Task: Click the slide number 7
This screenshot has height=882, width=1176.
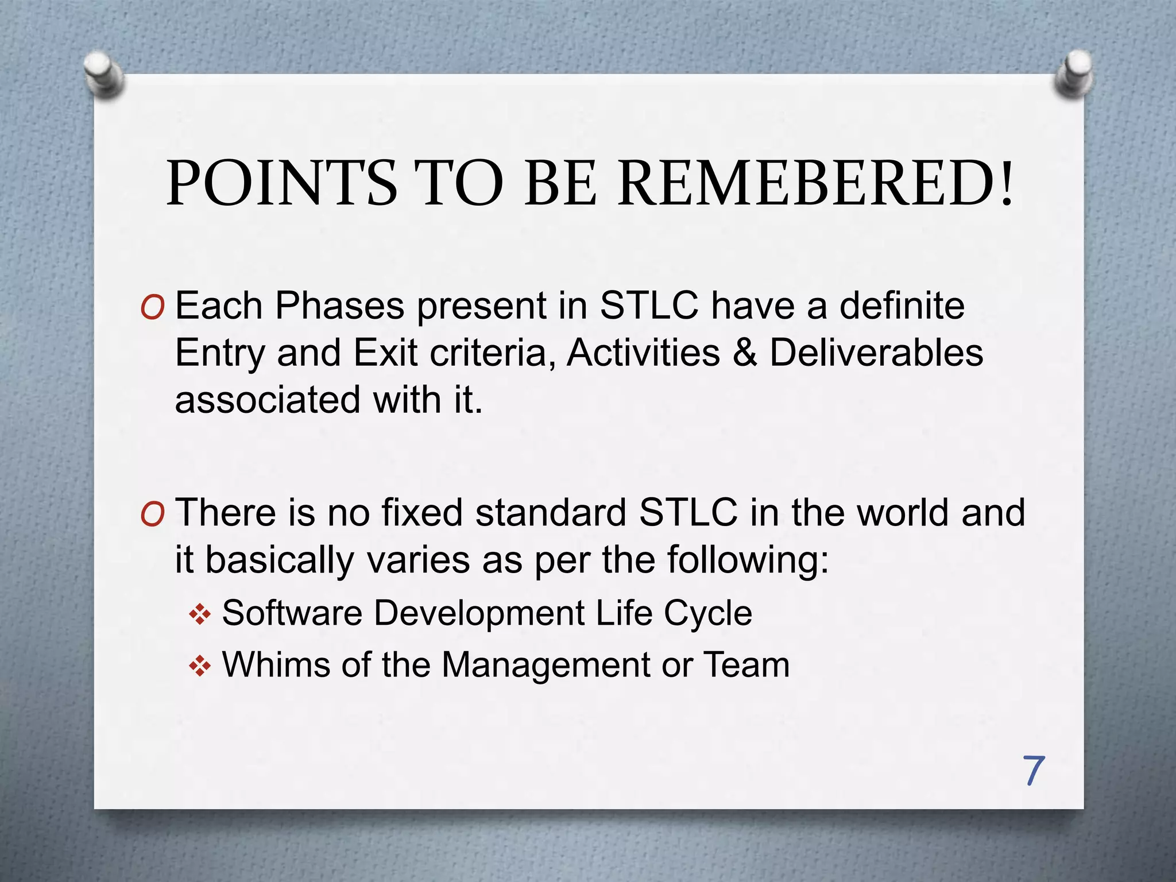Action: point(1033,771)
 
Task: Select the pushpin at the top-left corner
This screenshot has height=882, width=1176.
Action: point(103,74)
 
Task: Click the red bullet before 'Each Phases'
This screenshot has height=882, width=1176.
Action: point(152,309)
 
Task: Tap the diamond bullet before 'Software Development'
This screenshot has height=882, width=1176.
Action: point(200,615)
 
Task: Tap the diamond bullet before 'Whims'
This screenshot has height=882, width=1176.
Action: point(200,667)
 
